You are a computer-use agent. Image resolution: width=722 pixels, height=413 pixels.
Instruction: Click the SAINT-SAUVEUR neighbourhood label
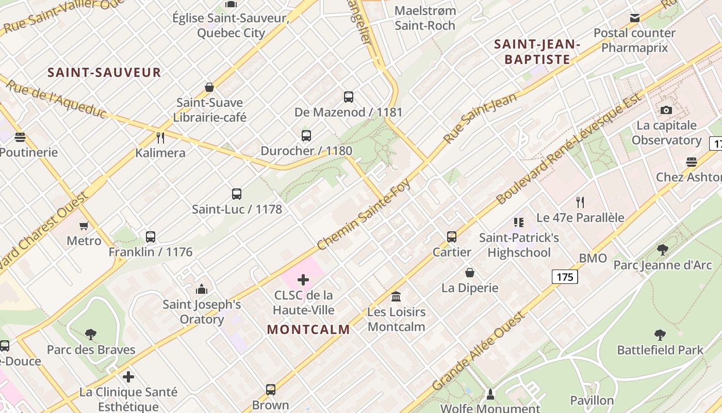coord(104,72)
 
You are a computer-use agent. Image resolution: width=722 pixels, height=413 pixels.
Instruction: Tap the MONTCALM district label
coord(308,329)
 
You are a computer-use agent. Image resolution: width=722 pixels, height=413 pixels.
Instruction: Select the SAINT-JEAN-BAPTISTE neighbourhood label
coord(537,52)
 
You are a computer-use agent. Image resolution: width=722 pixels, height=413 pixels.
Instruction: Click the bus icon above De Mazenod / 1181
coord(349,97)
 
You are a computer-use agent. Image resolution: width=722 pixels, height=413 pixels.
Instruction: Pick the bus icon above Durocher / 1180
coord(306,136)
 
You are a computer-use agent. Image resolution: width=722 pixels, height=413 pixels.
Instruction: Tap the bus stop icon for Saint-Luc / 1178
coord(237,194)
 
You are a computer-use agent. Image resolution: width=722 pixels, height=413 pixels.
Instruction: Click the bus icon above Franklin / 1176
coord(151,237)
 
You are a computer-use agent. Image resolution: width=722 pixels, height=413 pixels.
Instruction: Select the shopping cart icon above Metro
coord(84,226)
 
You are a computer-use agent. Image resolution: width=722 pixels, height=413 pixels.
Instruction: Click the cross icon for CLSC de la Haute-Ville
coord(303,280)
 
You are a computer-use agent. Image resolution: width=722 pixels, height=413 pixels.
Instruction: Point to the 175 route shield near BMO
coord(565,277)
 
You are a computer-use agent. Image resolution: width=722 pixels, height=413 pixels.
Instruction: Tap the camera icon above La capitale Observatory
coord(666,110)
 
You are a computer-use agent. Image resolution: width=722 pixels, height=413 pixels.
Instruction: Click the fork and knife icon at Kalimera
coord(160,137)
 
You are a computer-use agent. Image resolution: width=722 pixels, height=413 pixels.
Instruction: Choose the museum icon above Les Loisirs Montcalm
coord(396,296)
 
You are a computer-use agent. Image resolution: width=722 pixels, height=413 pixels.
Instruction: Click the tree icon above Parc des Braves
coord(91,335)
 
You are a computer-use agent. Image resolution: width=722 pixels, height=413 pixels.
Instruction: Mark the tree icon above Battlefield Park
coord(660,335)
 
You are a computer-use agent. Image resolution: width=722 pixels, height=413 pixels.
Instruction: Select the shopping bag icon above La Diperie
coord(470,273)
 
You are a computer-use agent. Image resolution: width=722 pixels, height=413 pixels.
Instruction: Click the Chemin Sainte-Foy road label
coord(364,215)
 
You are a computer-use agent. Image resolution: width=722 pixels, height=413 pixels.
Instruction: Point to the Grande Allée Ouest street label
coord(478,351)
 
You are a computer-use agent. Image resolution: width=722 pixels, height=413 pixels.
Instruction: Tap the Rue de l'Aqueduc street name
coord(56,99)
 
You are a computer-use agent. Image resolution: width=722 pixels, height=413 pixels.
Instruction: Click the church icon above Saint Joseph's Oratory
coord(202,289)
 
